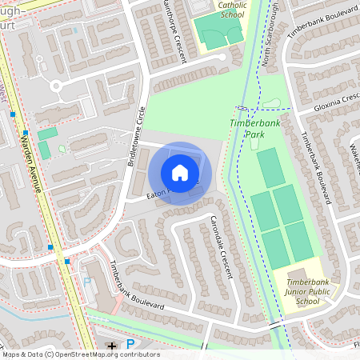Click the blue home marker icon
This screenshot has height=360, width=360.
pyautogui.click(x=180, y=173)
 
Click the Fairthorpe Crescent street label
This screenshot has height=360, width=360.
pyautogui.click(x=173, y=26)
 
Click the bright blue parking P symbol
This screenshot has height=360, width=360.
pyautogui.click(x=130, y=344)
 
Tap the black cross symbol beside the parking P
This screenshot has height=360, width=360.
pyautogui.click(x=112, y=346)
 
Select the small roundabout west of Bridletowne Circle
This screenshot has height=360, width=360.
pyautogui.click(x=56, y=84)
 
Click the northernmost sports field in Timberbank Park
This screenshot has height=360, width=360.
pyautogui.click(x=270, y=168)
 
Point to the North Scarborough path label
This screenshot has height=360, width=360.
pyautogui.click(x=270, y=32)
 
